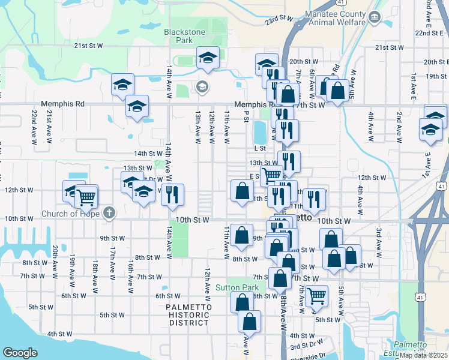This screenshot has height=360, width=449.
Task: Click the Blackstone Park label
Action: coord(185,36)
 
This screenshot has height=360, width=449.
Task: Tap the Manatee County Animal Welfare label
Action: coord(336,18)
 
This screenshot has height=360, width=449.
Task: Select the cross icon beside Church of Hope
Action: coord(109,212)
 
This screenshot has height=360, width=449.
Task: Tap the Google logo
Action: coord(20,353)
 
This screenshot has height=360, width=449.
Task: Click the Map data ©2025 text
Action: coord(423,355)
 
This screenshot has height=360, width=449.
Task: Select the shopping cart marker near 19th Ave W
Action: coord(86,196)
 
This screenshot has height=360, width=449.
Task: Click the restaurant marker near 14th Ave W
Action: coord(172,194)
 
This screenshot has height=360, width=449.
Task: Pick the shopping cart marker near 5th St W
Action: coord(316,295)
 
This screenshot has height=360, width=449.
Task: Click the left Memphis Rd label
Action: coord(62,104)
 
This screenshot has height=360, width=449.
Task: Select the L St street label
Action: coord(260,148)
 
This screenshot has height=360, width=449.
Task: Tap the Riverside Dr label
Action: coord(307,355)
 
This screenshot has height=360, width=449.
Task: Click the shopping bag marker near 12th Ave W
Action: coord(241,191)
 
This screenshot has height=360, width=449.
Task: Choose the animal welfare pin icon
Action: coord(376,16)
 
